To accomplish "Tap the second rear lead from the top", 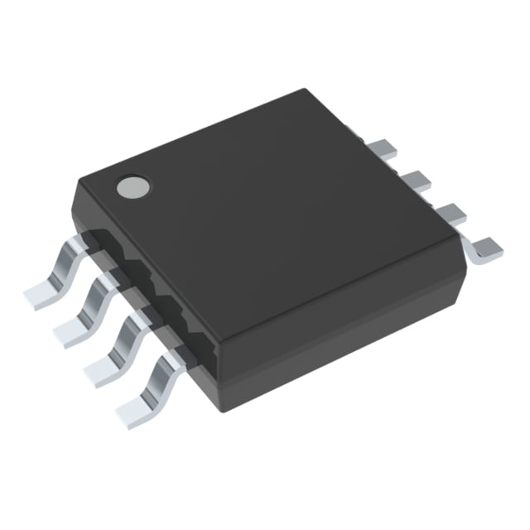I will pos(415,181).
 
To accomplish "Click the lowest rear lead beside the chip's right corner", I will pos(485,246).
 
